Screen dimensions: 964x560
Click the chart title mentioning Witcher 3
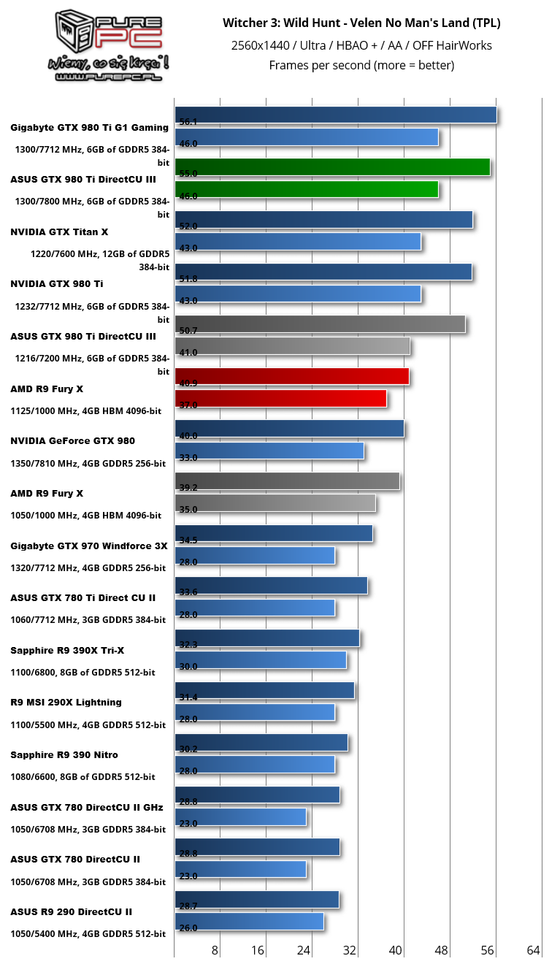click(x=361, y=23)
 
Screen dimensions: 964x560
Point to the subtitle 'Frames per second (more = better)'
click(x=361, y=66)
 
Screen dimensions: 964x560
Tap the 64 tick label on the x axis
click(x=533, y=949)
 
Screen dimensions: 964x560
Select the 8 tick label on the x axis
click(x=215, y=949)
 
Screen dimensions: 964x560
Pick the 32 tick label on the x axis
click(x=350, y=949)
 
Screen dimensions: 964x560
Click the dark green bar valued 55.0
click(x=332, y=167)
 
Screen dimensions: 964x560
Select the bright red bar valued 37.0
click(x=280, y=399)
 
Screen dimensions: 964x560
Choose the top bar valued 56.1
click(x=336, y=115)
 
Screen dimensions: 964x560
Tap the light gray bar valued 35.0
click(x=275, y=503)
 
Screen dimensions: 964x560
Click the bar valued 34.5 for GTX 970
click(x=274, y=534)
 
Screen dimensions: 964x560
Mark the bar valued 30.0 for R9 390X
click(x=261, y=660)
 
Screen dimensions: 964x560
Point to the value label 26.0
click(x=188, y=928)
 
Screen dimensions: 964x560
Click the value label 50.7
click(x=188, y=331)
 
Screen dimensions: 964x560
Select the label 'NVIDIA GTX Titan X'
click(x=59, y=232)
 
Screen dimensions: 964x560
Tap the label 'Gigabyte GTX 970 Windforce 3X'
click(x=89, y=546)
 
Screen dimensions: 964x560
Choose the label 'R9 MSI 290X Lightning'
click(x=66, y=703)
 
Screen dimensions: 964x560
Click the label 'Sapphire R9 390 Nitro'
click(x=64, y=755)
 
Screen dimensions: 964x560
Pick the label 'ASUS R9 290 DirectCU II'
click(x=72, y=912)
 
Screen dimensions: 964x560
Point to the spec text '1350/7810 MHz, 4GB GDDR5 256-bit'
click(x=88, y=464)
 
